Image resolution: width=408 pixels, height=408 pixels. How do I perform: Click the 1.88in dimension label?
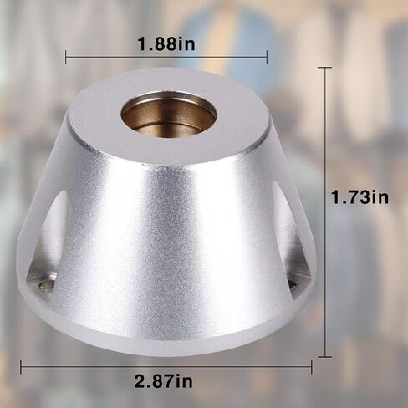tap(166, 44)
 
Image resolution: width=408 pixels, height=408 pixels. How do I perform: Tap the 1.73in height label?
tap(360, 197)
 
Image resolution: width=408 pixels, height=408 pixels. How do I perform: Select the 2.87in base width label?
tap(163, 380)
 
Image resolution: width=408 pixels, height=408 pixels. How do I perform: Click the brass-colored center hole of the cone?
tap(167, 114)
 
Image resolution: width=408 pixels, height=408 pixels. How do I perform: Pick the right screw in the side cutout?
tap(293, 285)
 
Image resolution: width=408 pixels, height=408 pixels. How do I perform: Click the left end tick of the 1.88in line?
tap(66, 58)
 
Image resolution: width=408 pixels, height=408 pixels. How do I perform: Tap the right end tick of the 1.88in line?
tap(267, 58)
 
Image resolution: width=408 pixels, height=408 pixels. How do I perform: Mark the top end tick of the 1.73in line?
tap(324, 68)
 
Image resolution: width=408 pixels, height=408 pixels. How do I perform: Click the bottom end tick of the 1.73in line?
tap(324, 356)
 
